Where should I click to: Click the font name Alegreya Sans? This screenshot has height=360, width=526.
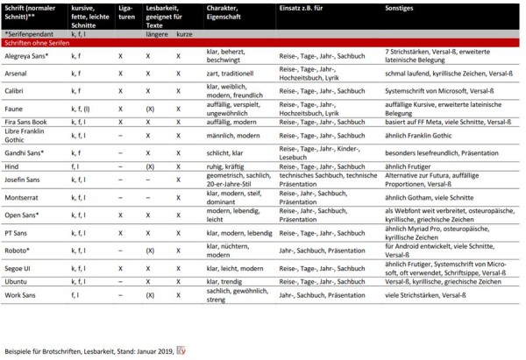26,54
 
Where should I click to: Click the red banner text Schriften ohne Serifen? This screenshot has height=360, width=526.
36,41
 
